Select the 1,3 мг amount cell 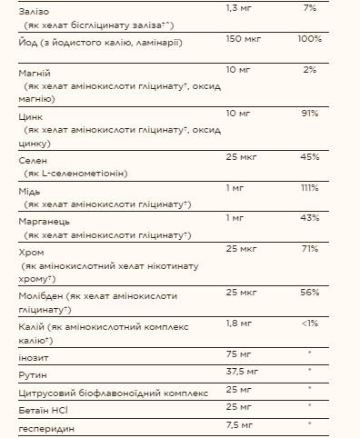pyautogui.click(x=238, y=8)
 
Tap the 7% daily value pyautogui.click(x=310, y=8)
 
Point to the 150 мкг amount pyautogui.click(x=241, y=40)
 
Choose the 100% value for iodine pyautogui.click(x=309, y=40)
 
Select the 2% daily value pyautogui.click(x=310, y=70)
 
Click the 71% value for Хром pyautogui.click(x=310, y=248)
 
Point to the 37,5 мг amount pyautogui.click(x=241, y=372)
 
